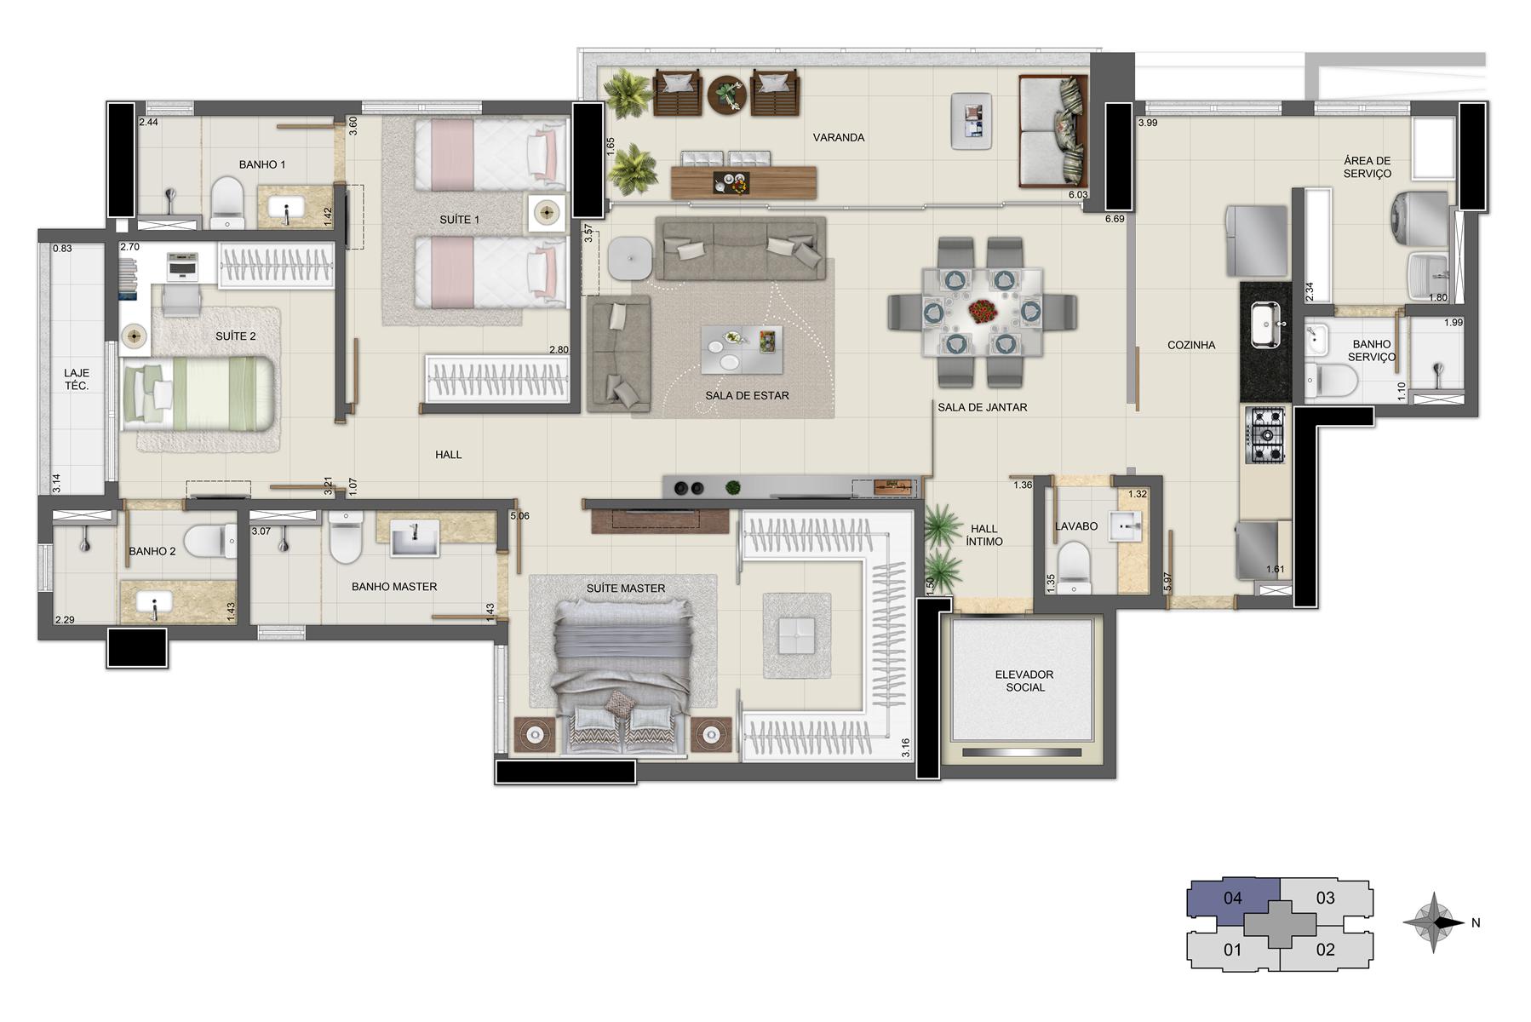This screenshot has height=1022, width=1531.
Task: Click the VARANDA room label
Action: [838, 137]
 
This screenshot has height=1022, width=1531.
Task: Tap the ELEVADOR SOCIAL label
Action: [1024, 680]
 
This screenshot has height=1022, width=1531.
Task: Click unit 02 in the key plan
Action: [1325, 948]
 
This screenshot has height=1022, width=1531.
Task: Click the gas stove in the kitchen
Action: [1266, 435]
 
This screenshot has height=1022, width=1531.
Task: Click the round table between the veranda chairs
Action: [727, 94]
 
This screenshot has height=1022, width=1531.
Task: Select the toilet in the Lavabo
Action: [1074, 568]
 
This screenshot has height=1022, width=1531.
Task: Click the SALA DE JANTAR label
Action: [982, 407]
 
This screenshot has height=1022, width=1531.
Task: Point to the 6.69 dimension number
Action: [1114, 219]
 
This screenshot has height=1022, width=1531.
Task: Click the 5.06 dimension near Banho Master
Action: [519, 515]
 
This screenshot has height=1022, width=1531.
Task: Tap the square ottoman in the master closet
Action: [795, 635]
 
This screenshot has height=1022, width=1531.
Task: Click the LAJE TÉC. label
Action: [77, 380]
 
